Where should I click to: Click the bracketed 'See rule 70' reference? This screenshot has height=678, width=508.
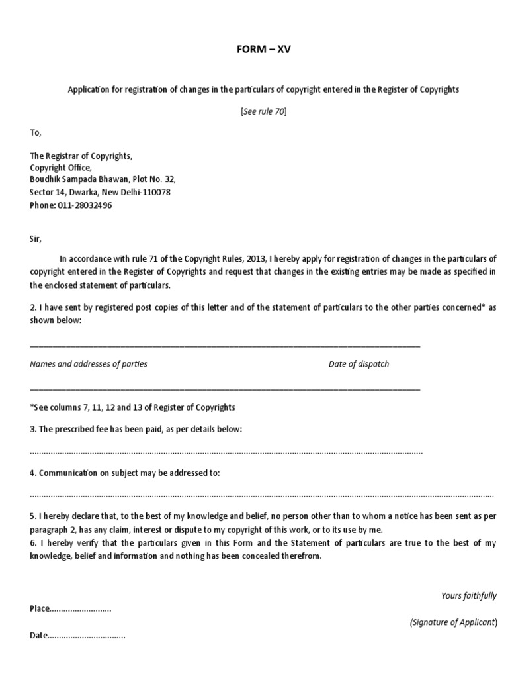(263, 111)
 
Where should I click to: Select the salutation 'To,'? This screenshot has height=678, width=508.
(35, 132)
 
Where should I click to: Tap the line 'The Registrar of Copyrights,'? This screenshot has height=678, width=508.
(81, 156)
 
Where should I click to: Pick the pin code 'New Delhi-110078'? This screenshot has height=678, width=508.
(138, 192)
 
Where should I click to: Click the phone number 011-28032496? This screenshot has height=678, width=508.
(89, 205)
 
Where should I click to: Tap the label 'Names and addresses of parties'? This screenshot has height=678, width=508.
(89, 364)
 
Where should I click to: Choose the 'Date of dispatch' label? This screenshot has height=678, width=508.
(359, 364)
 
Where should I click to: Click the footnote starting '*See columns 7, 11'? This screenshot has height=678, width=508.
(132, 407)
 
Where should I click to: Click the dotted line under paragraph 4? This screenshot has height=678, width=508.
(261, 495)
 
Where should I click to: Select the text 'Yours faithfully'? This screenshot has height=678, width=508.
(468, 596)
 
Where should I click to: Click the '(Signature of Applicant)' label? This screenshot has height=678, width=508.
(452, 623)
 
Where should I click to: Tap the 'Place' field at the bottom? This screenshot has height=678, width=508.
(70, 608)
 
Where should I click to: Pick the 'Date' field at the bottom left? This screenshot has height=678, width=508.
(77, 636)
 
